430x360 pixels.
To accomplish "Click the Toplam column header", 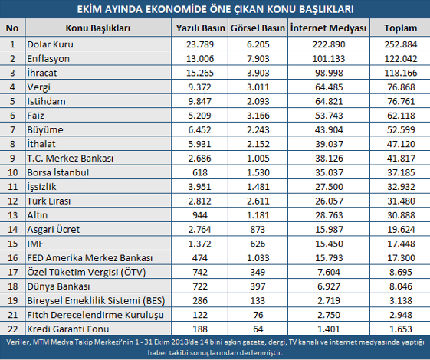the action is tap(400, 28).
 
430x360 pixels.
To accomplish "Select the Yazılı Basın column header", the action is tap(200, 28).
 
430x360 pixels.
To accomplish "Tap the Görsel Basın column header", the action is tap(258, 28).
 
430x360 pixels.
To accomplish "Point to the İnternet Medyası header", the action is tap(328, 28).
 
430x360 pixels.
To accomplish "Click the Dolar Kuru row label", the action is tap(50, 44).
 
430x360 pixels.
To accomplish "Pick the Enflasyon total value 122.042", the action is tap(401, 59).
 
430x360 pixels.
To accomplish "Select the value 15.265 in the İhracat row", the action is tap(200, 73).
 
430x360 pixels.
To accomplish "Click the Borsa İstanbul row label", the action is tap(57, 172).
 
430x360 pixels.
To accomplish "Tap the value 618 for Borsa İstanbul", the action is tap(200, 172).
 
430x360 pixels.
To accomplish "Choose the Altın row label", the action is tap(38, 215).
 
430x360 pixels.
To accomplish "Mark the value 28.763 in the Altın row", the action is tap(329, 215).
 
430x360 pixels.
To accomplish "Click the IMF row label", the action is tap(35, 244).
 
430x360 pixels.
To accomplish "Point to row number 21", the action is tap(12, 315).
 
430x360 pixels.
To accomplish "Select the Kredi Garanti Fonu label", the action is tap(68, 329).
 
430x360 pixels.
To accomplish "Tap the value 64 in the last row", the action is tap(258, 329).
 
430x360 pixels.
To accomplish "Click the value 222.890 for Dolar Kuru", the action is tap(329, 44).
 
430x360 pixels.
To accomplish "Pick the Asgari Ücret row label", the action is tap(53, 230).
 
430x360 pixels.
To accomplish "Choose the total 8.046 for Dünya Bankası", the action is tap(401, 286).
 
